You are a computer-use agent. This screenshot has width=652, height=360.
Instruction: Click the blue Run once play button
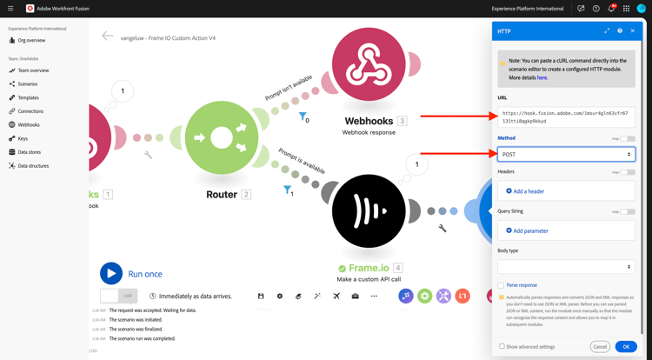coord(111,273)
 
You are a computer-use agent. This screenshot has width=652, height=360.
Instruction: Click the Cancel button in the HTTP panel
coord(600,346)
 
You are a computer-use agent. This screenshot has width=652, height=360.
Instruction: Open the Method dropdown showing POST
coord(566,154)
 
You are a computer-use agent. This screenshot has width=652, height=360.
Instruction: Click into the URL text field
coord(566,117)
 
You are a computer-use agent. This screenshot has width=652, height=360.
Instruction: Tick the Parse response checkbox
coord(501,285)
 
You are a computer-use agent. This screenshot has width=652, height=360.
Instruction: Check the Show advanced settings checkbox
coord(502,346)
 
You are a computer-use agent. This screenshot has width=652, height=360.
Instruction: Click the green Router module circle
coord(222,137)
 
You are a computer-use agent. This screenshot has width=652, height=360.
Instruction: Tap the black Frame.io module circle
coord(369,211)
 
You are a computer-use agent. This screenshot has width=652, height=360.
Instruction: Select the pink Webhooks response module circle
coord(369,64)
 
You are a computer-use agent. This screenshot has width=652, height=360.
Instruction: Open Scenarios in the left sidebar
coord(28,84)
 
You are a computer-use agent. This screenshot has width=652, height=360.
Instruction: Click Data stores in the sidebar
coord(30,152)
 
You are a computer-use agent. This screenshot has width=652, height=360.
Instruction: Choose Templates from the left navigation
coord(28,97)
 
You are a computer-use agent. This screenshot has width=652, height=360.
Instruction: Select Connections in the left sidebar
coord(30,111)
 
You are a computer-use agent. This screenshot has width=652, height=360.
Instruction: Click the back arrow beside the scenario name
coord(107,37)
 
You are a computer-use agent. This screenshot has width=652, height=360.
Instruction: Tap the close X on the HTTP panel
coord(633,31)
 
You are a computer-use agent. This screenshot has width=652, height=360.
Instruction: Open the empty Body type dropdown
coord(566,267)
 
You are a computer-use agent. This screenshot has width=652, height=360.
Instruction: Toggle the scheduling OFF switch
coord(117,297)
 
